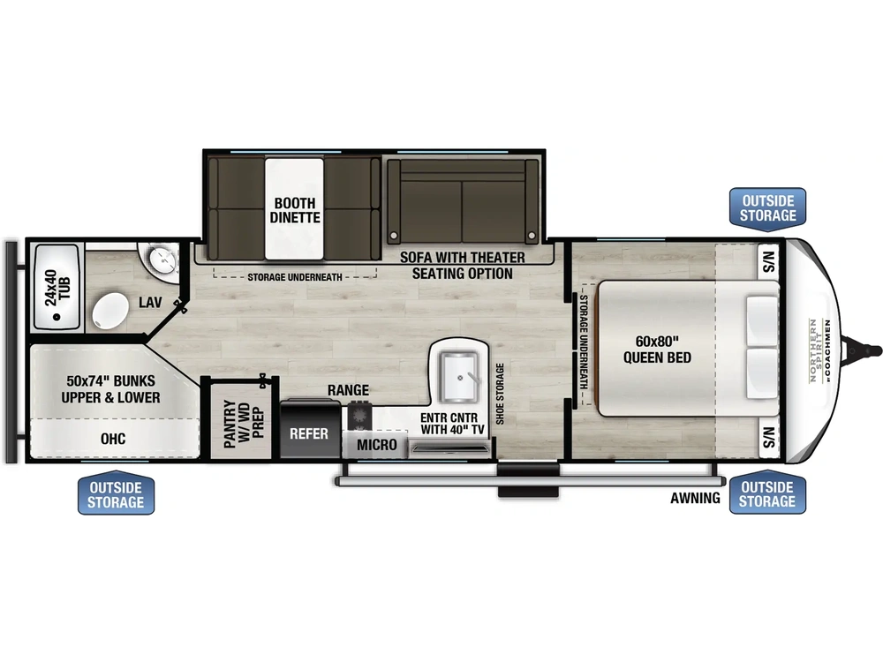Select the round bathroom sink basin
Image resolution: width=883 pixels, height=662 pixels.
coord(162,260)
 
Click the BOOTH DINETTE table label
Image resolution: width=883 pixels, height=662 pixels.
coord(295,209)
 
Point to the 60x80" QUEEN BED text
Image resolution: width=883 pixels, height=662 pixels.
coord(657,350)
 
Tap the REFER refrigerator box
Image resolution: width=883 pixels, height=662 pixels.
coord(309,433)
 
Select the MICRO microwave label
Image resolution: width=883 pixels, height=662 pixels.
coord(377,444)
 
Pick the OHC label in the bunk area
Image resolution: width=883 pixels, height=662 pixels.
coord(113,439)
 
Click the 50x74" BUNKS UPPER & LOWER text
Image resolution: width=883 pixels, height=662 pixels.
coord(111,389)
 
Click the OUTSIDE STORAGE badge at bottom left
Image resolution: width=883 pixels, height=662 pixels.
coord(115,494)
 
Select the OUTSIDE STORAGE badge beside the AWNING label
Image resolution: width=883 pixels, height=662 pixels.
coord(766,494)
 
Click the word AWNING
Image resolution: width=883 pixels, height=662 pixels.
coord(695,498)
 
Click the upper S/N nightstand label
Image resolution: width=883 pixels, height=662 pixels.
coord(768,261)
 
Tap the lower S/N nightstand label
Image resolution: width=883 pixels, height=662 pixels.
coord(768,436)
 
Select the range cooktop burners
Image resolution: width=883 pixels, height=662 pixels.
coord(359,413)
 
